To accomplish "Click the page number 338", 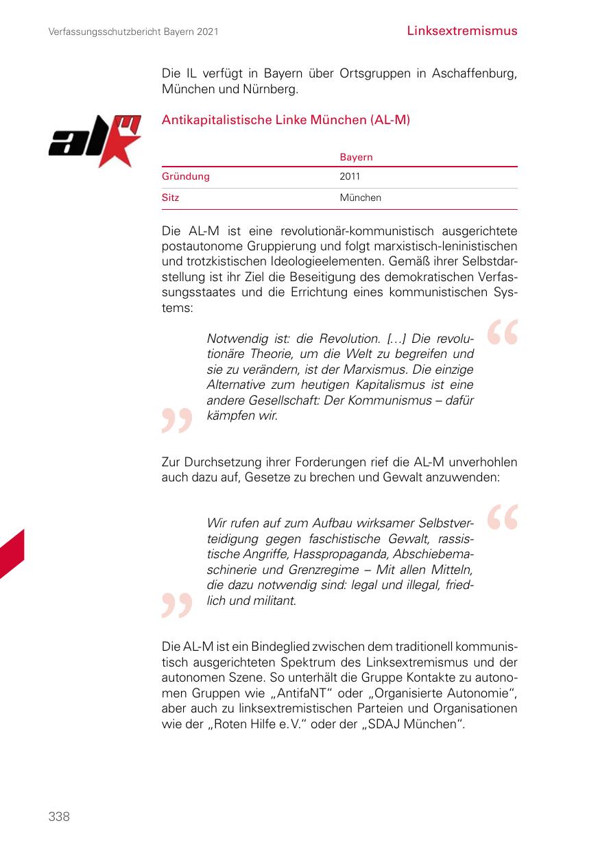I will point(59,816).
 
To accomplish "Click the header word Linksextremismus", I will point(461,31).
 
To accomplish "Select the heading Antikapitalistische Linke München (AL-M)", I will point(285,120).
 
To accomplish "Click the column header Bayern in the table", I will point(356,157).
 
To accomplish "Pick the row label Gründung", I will point(185,177).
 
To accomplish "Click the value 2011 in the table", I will point(350,177).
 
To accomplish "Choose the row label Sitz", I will point(170,197).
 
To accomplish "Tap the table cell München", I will point(360,197).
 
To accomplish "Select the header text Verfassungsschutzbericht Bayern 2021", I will point(134,32).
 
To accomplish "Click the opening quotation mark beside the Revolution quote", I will point(502,333).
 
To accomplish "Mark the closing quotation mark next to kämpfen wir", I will point(176,420).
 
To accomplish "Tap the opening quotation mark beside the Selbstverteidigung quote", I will point(502,518).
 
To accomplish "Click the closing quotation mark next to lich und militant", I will point(176,606).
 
